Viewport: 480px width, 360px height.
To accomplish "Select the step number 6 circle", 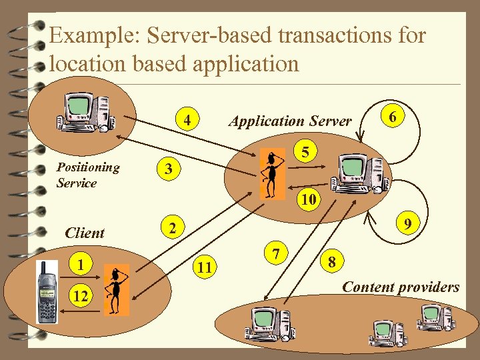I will click(x=393, y=117).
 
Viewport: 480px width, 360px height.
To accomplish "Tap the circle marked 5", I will click(x=305, y=153).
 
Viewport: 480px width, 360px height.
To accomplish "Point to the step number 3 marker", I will click(x=169, y=169).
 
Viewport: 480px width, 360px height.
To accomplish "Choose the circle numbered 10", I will click(x=308, y=199).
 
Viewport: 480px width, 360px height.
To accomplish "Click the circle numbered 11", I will click(x=205, y=267).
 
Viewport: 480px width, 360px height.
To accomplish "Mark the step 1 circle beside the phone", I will click(x=81, y=265).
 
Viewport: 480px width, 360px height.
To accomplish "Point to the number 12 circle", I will click(x=81, y=295).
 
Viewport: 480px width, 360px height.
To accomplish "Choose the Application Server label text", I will click(x=289, y=121).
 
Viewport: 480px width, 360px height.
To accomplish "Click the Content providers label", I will click(x=400, y=287).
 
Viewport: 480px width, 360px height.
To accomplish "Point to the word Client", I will click(x=85, y=233).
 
